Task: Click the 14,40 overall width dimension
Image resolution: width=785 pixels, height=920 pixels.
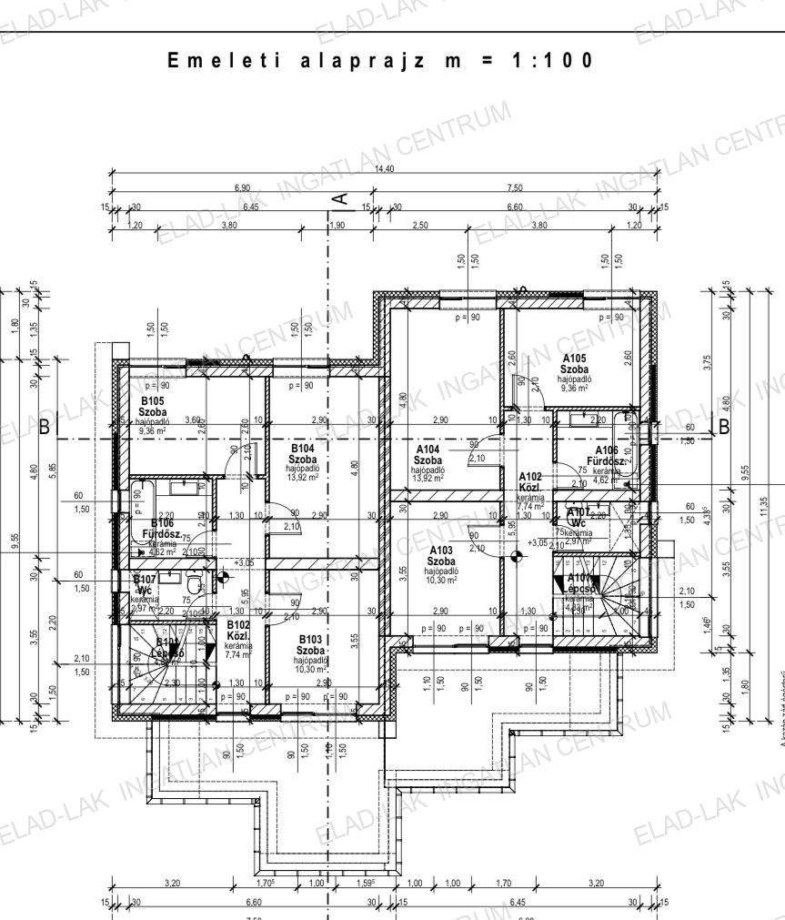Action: point(383,169)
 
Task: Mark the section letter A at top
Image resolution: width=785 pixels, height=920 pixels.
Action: point(338,197)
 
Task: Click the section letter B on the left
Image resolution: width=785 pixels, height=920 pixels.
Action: point(45,425)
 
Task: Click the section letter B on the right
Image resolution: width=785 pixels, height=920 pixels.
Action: point(725,425)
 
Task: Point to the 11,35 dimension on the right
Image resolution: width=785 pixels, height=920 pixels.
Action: point(764,506)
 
